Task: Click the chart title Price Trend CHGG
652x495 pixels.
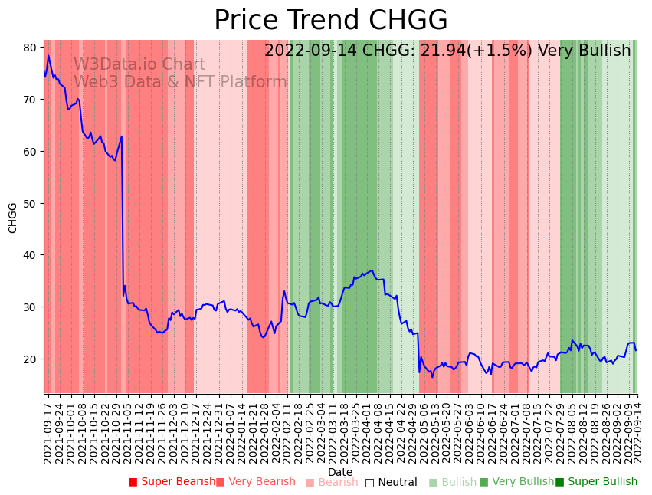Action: pos(330,21)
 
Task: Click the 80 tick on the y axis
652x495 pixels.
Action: pos(30,48)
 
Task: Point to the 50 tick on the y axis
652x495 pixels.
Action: pos(30,203)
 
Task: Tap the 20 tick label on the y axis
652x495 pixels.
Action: pos(30,359)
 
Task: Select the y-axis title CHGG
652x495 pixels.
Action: pos(13,218)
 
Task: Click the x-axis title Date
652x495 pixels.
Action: pos(340,472)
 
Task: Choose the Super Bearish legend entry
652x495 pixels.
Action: pos(172,482)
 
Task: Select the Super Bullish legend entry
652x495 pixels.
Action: pos(596,482)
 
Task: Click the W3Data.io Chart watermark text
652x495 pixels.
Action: pos(139,65)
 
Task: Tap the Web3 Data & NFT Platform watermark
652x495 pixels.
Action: pos(180,82)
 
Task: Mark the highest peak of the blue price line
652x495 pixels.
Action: pos(48,55)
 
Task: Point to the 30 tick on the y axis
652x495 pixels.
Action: pos(30,307)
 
